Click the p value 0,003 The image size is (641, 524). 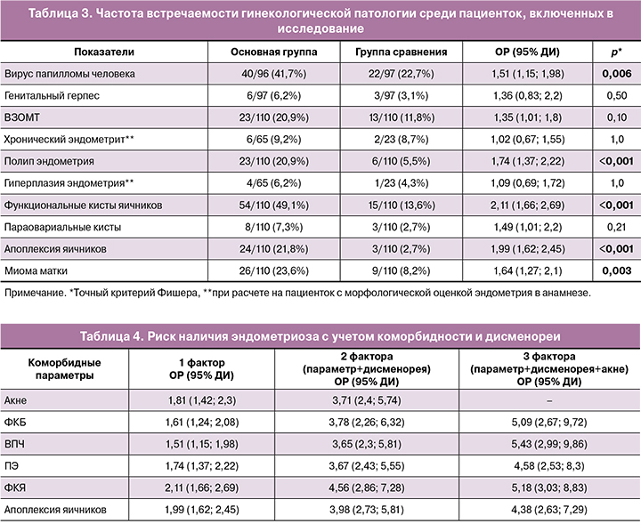[618, 268]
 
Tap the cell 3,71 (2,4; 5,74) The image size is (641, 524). [366, 402]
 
